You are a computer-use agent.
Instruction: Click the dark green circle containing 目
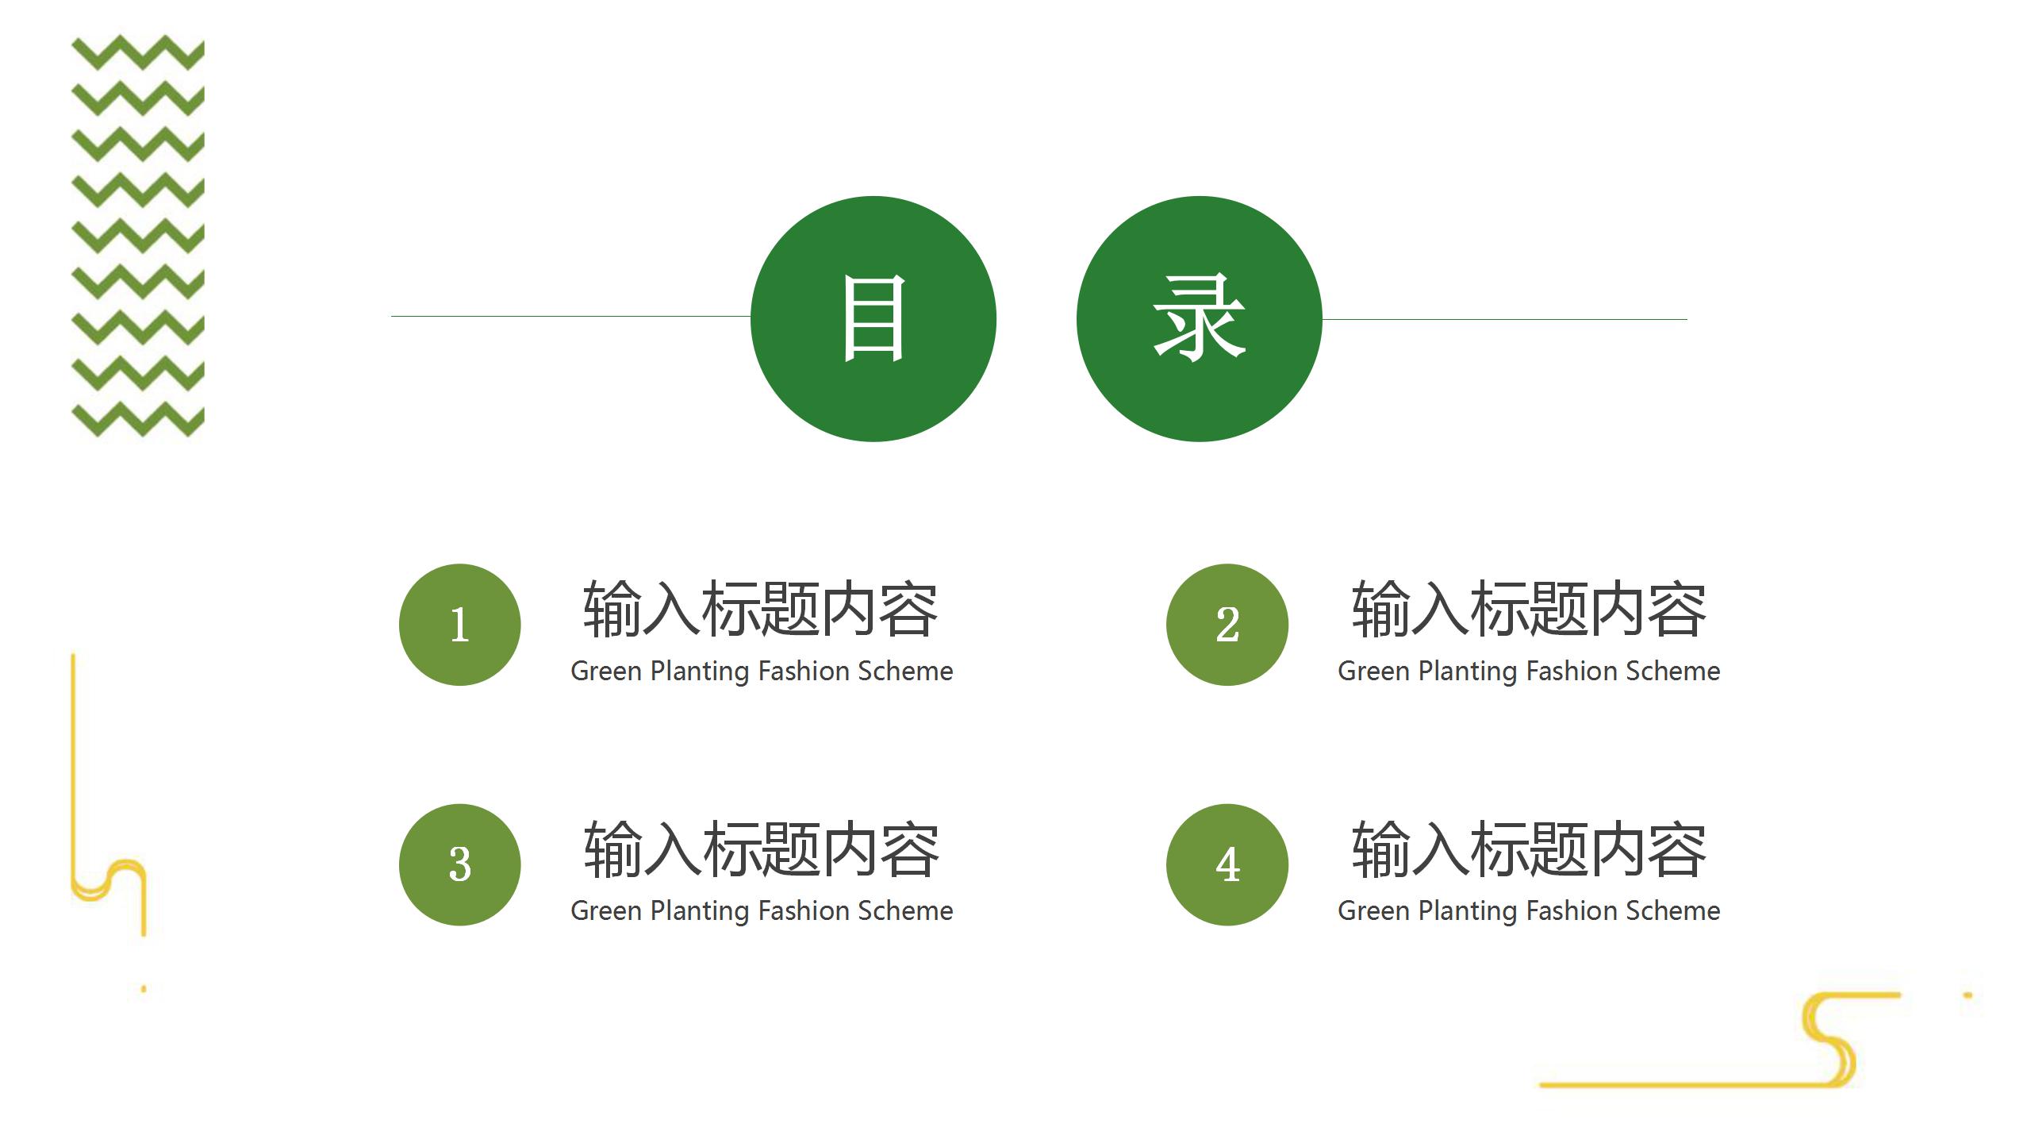(x=873, y=319)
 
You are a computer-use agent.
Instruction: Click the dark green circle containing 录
(x=1199, y=319)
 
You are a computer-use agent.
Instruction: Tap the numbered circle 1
(x=460, y=625)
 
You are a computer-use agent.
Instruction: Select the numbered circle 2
(x=1227, y=625)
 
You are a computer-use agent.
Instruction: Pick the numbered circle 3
(x=460, y=864)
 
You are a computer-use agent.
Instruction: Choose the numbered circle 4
(x=1227, y=864)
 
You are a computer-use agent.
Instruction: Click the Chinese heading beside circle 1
(x=761, y=610)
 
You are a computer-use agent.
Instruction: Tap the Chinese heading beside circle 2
(x=1529, y=610)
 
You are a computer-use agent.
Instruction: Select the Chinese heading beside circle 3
(x=761, y=850)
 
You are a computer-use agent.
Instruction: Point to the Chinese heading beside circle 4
(x=1529, y=850)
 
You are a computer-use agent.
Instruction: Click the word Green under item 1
(x=606, y=672)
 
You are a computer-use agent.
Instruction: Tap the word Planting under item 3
(x=700, y=912)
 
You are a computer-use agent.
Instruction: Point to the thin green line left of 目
(x=570, y=316)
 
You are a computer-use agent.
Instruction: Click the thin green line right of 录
(x=1504, y=319)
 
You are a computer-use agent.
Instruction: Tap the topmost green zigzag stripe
(x=138, y=52)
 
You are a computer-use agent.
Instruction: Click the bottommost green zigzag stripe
(x=138, y=419)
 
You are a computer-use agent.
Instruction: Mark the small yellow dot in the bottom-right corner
(x=1968, y=995)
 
